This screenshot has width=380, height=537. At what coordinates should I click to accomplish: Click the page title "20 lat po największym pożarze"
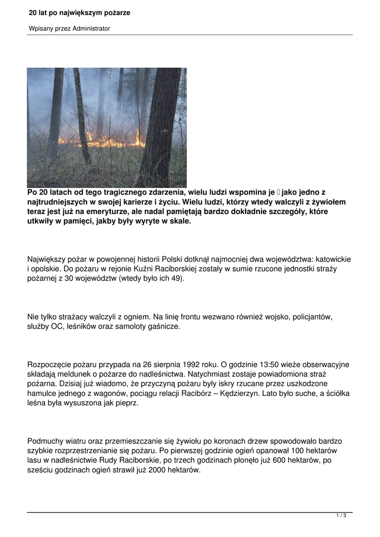point(80,13)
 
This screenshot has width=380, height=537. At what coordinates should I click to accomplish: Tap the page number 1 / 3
point(341,516)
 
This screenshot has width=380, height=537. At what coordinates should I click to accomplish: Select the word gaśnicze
point(164,326)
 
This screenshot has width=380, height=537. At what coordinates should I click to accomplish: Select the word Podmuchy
point(46,442)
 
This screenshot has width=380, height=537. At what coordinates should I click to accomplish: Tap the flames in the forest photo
point(105,140)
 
